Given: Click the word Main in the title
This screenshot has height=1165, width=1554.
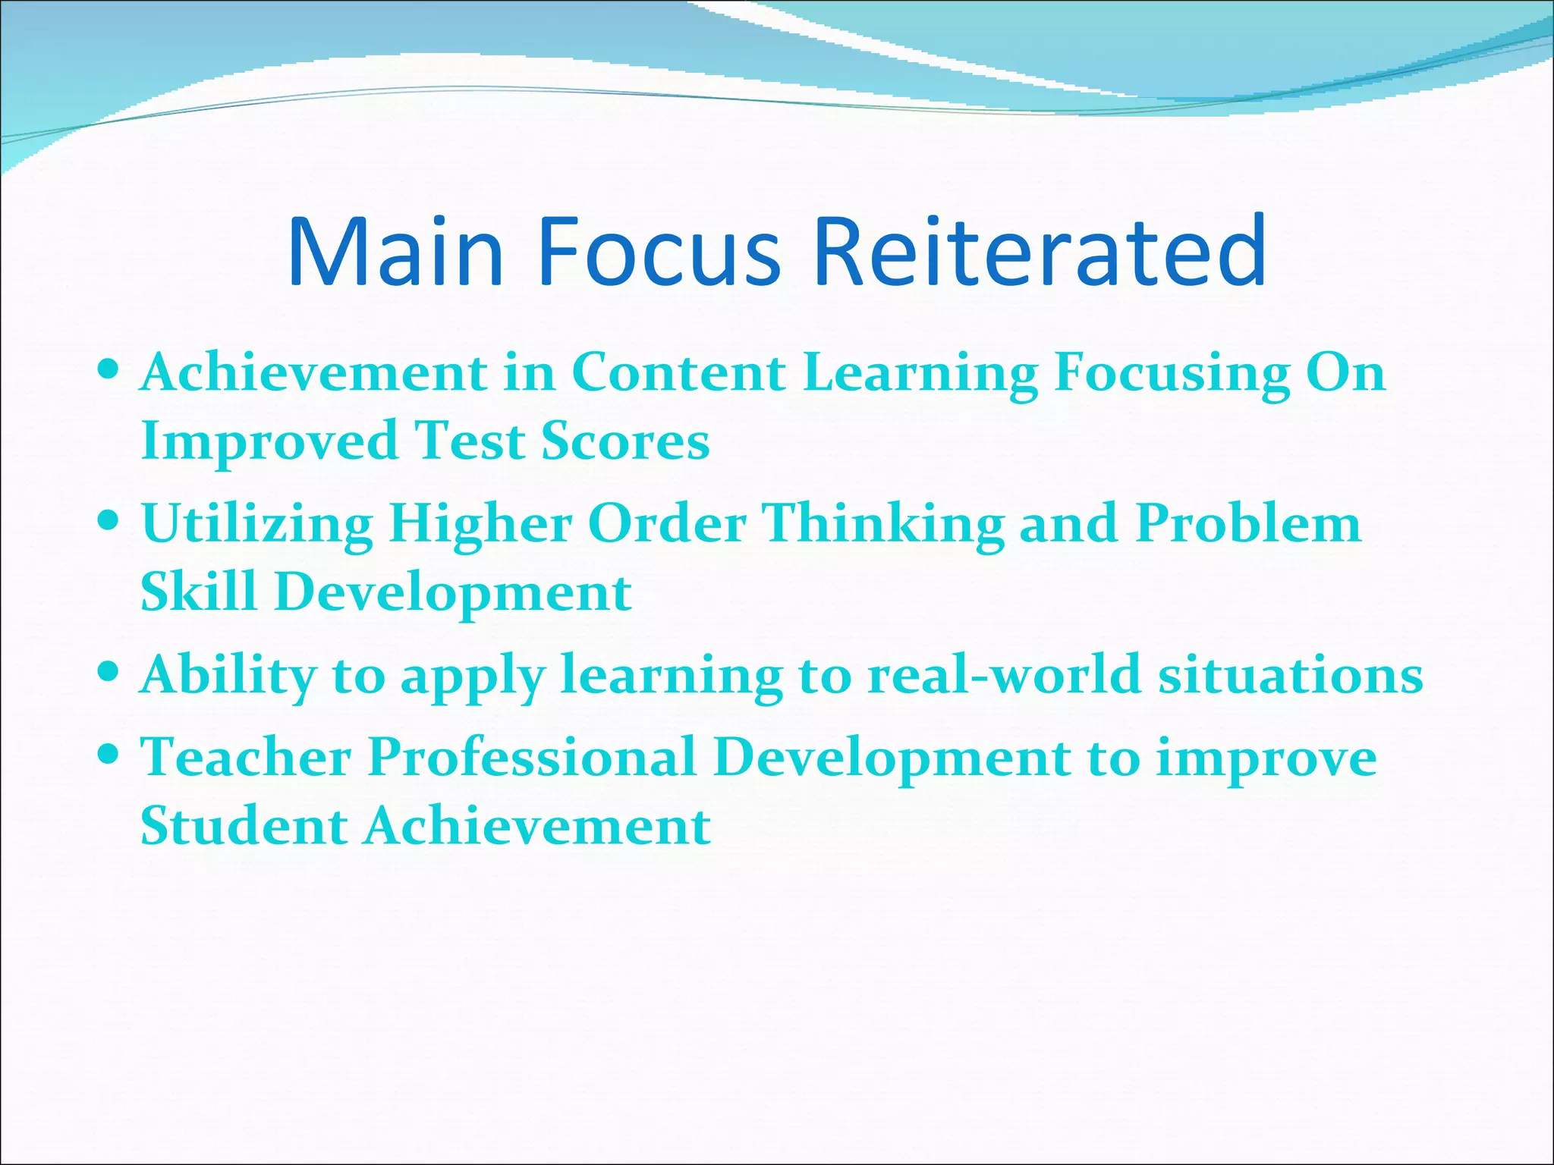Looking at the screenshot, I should tap(395, 252).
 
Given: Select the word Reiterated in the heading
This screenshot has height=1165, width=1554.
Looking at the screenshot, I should tap(1040, 252).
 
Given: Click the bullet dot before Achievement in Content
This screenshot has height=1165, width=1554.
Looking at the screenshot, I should tap(109, 371).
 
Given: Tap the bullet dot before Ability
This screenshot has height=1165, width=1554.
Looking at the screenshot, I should tap(109, 672).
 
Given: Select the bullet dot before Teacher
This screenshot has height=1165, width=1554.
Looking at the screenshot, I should tap(109, 755).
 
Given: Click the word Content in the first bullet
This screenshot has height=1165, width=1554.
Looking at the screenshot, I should tap(678, 372).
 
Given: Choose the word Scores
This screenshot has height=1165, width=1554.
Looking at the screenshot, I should tap(625, 441).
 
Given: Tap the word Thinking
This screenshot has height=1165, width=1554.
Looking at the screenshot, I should tap(883, 525).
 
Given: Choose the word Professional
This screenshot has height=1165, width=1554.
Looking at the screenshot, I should tap(532, 758).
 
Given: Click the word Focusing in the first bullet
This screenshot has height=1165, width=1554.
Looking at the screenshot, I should tap(1172, 374).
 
